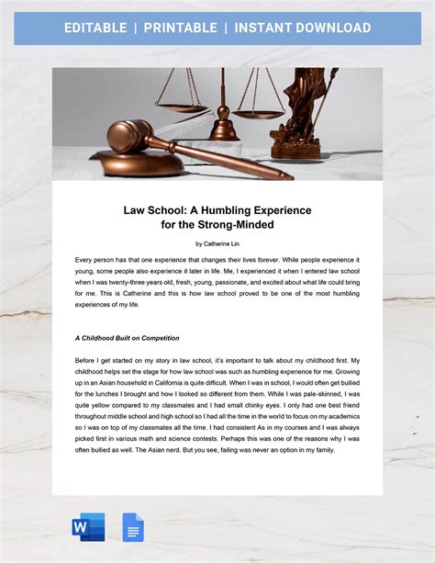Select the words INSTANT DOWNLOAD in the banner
point(302,28)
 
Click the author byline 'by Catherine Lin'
point(217,243)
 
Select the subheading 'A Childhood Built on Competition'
point(127,338)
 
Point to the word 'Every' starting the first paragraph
point(84,261)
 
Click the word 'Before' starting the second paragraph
point(87,360)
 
